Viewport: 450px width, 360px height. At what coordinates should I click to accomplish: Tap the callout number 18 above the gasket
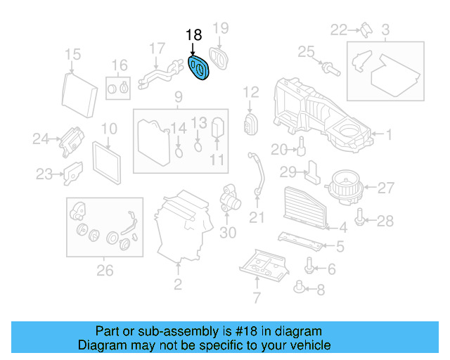click(x=193, y=34)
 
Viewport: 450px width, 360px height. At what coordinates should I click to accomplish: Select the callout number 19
click(x=221, y=28)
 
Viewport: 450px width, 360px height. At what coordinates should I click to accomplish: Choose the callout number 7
click(x=257, y=297)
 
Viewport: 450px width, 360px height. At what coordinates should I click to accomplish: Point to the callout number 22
click(x=340, y=30)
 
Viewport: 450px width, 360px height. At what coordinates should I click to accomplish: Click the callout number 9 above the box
click(x=178, y=96)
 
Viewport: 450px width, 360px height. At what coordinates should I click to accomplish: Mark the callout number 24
click(x=41, y=139)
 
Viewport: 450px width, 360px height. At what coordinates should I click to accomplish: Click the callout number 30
click(x=228, y=233)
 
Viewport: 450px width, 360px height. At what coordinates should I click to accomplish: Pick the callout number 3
click(x=385, y=30)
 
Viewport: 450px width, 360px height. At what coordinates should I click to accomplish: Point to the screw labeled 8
click(x=301, y=286)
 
